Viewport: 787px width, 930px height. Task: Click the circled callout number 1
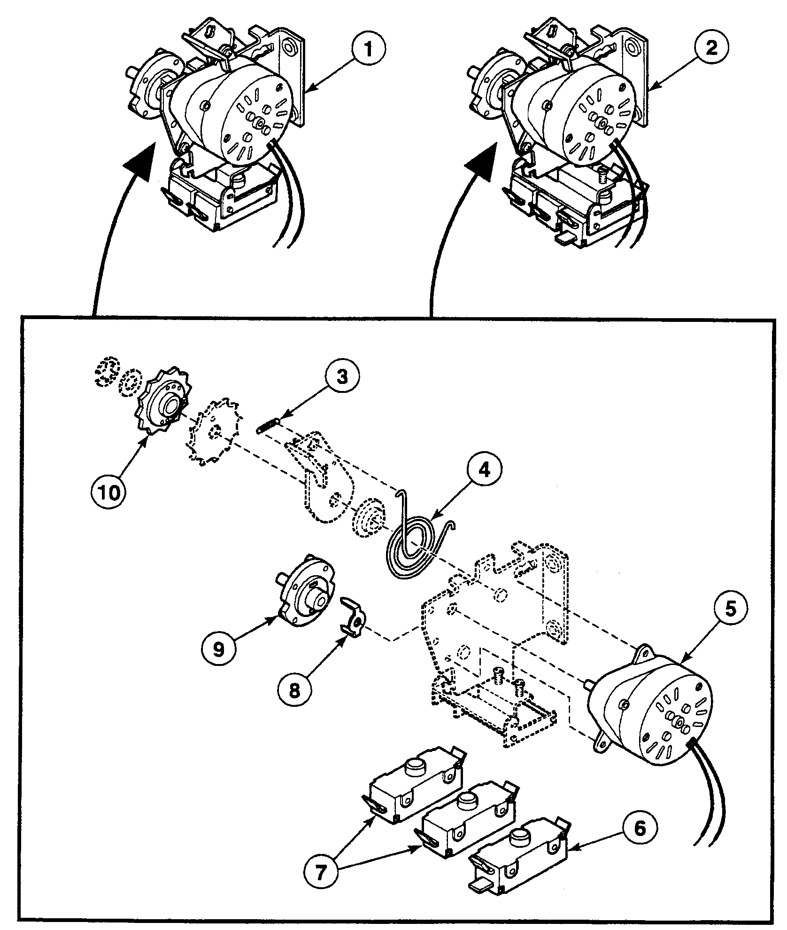(x=369, y=63)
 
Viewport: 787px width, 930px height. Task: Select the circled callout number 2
(x=712, y=62)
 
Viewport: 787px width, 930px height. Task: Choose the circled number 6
(x=640, y=829)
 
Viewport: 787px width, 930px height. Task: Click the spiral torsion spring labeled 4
(x=413, y=545)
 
